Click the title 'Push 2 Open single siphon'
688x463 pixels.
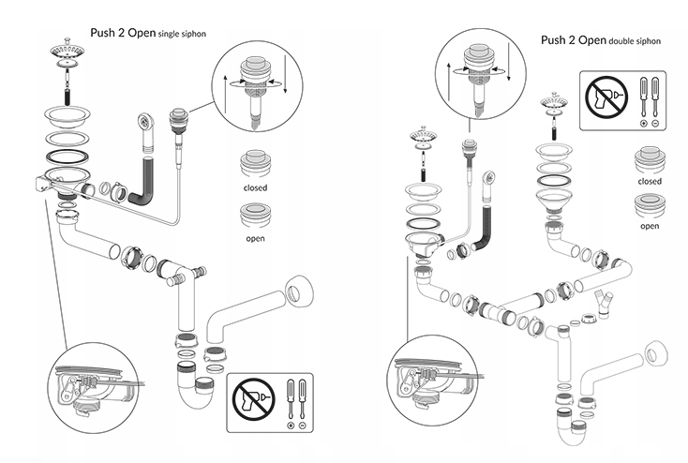148,33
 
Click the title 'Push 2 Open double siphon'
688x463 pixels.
599,40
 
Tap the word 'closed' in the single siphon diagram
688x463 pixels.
255,187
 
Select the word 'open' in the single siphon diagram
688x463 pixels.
255,238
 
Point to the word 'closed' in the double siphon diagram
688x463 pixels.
649,181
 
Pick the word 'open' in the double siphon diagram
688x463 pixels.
649,225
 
